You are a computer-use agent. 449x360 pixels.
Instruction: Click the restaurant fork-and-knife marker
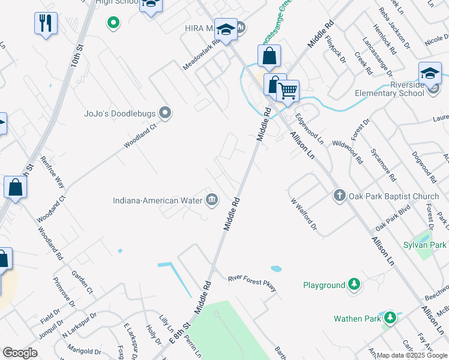click(x=46, y=24)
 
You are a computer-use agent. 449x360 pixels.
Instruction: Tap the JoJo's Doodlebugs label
click(x=119, y=113)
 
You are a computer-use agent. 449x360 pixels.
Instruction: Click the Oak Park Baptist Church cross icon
click(x=339, y=195)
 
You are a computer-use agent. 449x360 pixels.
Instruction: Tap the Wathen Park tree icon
click(x=390, y=318)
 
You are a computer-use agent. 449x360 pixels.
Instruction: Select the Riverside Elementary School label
click(x=389, y=89)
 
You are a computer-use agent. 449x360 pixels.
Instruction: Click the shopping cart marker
click(x=288, y=91)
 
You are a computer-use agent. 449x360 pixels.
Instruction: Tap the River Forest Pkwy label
click(x=252, y=283)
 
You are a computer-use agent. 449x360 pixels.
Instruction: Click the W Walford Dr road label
click(x=303, y=214)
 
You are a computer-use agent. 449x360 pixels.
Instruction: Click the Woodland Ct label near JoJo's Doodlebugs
click(x=140, y=136)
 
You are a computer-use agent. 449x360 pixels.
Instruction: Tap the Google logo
click(x=20, y=353)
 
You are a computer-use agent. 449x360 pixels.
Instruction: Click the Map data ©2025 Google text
click(x=412, y=355)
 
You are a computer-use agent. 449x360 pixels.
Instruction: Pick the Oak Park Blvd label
click(x=392, y=220)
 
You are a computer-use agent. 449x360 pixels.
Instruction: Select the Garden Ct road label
click(x=82, y=281)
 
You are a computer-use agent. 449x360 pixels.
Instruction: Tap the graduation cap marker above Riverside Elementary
click(x=430, y=73)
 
